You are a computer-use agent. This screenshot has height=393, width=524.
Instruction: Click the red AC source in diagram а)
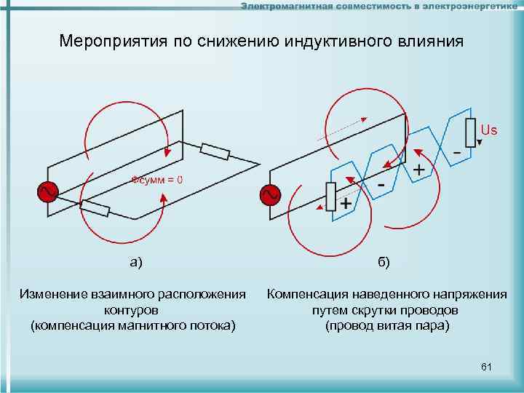pyautogui.click(x=47, y=192)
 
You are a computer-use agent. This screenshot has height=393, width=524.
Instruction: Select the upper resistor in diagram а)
pyautogui.click(x=215, y=151)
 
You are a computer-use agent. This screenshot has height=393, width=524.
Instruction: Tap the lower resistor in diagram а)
pyautogui.click(x=95, y=209)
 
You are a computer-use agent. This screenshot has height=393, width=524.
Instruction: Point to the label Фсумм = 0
pyautogui.click(x=156, y=179)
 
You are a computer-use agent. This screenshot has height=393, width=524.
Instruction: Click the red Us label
pyautogui.click(x=489, y=130)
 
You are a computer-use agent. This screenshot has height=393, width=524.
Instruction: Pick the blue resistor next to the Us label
pyautogui.click(x=470, y=132)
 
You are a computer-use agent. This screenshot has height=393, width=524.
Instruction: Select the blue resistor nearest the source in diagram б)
pyautogui.click(x=330, y=196)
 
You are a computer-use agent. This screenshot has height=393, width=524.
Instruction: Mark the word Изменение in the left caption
pyautogui.click(x=55, y=294)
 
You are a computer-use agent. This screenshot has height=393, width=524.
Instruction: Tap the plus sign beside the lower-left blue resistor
pyautogui.click(x=346, y=205)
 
